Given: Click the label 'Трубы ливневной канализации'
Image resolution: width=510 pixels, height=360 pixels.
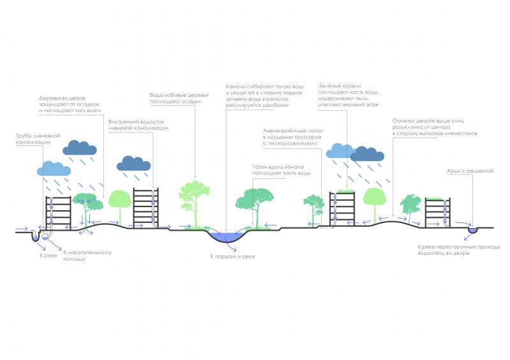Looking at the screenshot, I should [38, 139].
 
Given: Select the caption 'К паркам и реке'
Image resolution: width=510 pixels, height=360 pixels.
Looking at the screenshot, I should [233, 256].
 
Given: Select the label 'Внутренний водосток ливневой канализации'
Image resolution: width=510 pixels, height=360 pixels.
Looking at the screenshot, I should [138, 125].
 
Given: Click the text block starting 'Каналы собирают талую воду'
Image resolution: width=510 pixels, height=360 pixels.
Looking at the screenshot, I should [261, 94].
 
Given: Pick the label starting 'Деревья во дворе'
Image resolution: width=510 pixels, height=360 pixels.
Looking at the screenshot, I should [69, 104].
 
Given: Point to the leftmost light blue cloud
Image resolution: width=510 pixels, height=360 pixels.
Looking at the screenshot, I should [54, 168].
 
